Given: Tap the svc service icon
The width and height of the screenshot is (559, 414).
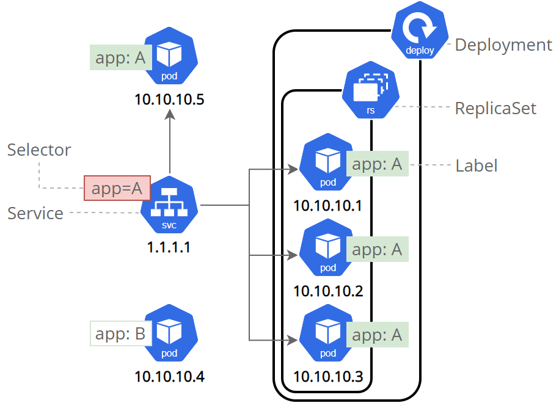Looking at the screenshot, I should click(x=169, y=208).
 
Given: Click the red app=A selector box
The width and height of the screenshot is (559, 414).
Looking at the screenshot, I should click(x=117, y=188).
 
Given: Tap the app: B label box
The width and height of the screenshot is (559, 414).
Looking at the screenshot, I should click(x=120, y=334).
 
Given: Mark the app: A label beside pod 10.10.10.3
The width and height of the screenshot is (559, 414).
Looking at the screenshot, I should click(x=377, y=335).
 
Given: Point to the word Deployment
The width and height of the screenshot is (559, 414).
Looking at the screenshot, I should click(x=503, y=45).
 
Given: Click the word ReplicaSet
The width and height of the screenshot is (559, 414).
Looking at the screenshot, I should click(x=495, y=109).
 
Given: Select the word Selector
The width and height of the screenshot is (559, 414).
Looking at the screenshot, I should click(x=39, y=150).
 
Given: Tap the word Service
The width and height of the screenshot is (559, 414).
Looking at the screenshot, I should click(x=35, y=214).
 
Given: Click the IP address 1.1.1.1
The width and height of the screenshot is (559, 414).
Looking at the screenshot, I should click(x=169, y=249).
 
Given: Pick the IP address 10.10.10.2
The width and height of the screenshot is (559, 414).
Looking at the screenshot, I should click(x=328, y=291).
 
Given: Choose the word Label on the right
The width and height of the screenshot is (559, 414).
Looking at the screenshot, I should click(x=477, y=166).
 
